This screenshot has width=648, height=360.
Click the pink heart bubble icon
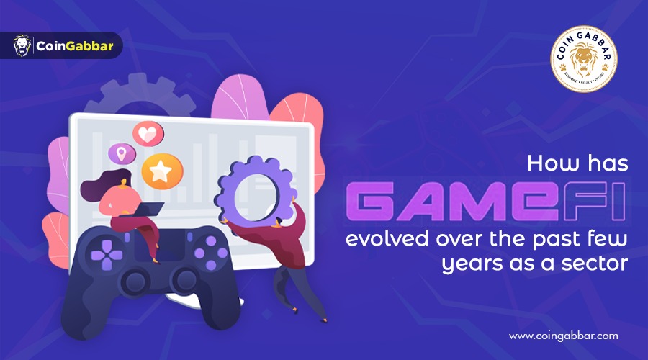click(x=148, y=135)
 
